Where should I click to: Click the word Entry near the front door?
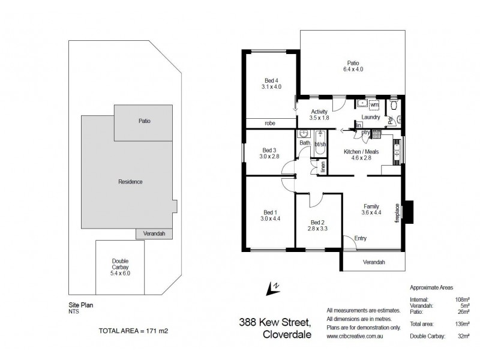click(360, 238)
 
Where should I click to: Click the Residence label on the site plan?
click(130, 182)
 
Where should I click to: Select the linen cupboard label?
click(322, 167)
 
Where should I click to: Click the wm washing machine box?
click(374, 105)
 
